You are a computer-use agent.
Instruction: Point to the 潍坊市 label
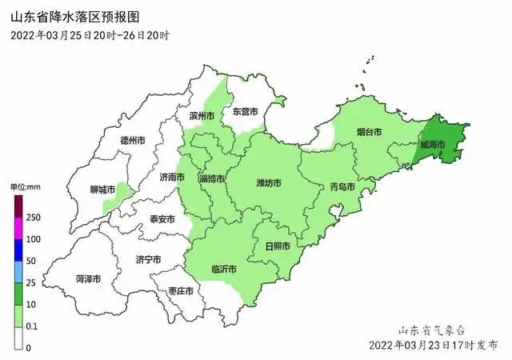269,183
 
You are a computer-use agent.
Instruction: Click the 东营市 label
245,113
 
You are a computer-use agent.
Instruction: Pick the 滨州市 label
202,116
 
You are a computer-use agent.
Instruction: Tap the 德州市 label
132,140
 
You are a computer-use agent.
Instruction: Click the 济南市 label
172,177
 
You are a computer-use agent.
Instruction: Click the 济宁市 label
148,259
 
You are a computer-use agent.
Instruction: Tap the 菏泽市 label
88,279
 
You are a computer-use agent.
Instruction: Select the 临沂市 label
223,269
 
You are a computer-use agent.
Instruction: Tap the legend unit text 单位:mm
25,186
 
